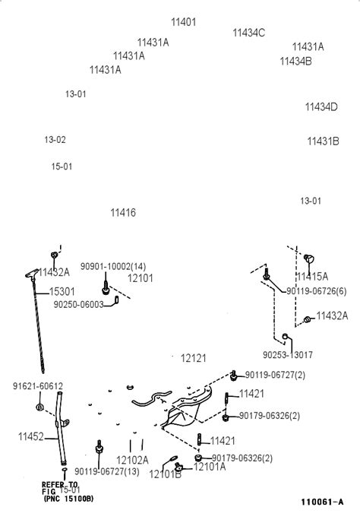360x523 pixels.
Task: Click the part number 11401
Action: (183, 22)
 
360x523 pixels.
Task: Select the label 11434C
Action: (248, 33)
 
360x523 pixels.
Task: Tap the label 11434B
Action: (295, 61)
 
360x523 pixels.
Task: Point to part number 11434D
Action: (321, 107)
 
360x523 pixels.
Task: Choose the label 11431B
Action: (323, 141)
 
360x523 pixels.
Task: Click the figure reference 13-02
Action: (55, 140)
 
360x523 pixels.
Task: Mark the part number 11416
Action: (123, 213)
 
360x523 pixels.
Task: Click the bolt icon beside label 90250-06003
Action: (119, 302)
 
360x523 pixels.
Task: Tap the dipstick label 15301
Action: (62, 291)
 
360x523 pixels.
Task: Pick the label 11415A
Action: (312, 276)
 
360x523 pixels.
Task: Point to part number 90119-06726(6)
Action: (317, 291)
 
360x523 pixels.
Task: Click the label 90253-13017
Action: (288, 355)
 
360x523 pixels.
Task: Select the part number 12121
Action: (193, 357)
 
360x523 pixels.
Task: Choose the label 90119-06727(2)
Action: (275, 375)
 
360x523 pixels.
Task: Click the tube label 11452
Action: (31, 437)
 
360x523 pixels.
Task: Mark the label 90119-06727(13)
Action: (107, 472)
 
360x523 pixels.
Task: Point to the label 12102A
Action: (132, 460)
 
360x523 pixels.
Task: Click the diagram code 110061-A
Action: (321, 502)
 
